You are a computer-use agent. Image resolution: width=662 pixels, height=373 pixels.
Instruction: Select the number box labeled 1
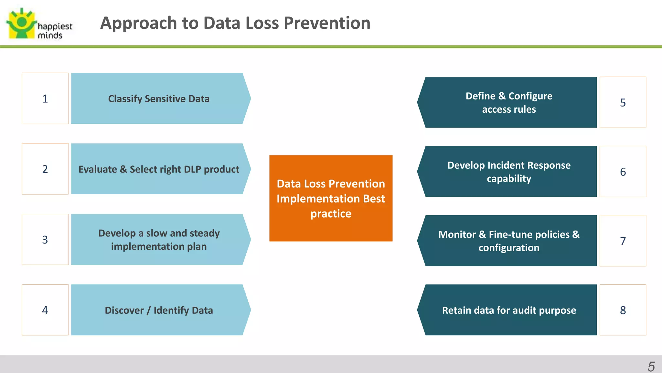coord(45,98)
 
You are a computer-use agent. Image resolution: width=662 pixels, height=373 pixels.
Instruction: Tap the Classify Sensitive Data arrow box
coord(158,98)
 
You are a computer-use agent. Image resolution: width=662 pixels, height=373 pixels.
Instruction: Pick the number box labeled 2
coord(45,169)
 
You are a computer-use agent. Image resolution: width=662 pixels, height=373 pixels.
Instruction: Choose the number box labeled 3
coord(45,240)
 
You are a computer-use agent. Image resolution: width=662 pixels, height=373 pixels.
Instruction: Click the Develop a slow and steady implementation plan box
coord(158,240)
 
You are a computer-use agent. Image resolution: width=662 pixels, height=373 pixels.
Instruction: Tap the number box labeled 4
coord(45,310)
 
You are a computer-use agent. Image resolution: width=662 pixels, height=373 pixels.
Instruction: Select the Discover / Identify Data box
coord(158,310)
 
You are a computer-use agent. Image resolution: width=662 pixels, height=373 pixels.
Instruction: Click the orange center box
coord(331,198)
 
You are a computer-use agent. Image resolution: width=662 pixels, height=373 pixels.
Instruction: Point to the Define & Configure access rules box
coord(509,102)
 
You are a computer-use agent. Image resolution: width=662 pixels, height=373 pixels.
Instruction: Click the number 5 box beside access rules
coord(623,102)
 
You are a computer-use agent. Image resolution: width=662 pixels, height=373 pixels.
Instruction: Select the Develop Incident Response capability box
coord(509,172)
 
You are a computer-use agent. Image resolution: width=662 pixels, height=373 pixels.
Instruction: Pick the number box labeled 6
coord(623,172)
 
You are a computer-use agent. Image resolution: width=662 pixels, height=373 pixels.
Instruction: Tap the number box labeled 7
coord(623,241)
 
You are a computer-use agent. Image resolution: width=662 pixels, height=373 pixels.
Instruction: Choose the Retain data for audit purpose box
coord(509,310)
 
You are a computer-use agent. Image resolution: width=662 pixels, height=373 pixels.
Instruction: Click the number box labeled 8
coord(623,310)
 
